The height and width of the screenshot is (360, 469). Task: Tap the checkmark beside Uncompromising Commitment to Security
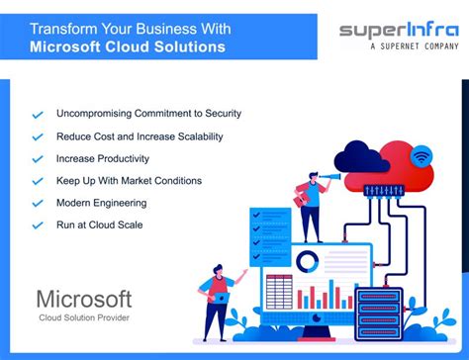(38, 115)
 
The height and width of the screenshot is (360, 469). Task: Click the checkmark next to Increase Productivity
(38, 158)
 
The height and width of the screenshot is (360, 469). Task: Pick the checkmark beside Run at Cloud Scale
(38, 225)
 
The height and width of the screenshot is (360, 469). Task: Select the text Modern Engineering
(102, 203)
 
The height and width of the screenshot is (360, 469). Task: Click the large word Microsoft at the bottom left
(85, 299)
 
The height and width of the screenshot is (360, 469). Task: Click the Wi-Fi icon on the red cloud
(422, 155)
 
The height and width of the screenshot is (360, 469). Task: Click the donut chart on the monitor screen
(309, 261)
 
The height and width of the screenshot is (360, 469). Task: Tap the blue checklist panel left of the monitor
(269, 233)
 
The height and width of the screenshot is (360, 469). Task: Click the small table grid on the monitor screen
(279, 292)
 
